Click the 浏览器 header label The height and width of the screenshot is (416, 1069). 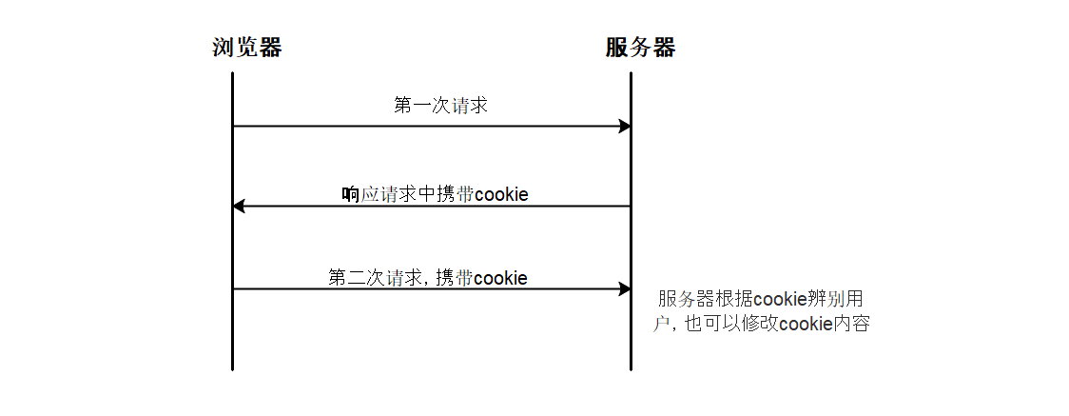tap(246, 48)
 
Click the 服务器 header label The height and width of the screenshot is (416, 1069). tap(640, 48)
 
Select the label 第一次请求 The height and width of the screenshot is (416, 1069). tap(440, 105)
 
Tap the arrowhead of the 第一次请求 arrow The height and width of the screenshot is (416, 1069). tap(625, 126)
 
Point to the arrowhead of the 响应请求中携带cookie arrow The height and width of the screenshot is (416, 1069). tap(239, 206)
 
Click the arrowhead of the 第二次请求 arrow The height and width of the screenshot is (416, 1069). tap(625, 288)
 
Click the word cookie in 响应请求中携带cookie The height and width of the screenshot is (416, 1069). tap(501, 195)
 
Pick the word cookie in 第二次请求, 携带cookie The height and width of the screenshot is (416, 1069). tap(500, 278)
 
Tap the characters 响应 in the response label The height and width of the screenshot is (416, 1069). tap(360, 195)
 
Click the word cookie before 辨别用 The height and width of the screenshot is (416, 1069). tap(780, 299)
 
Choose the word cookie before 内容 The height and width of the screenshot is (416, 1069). tap(806, 324)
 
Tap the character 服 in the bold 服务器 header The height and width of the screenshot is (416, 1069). tap(617, 48)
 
